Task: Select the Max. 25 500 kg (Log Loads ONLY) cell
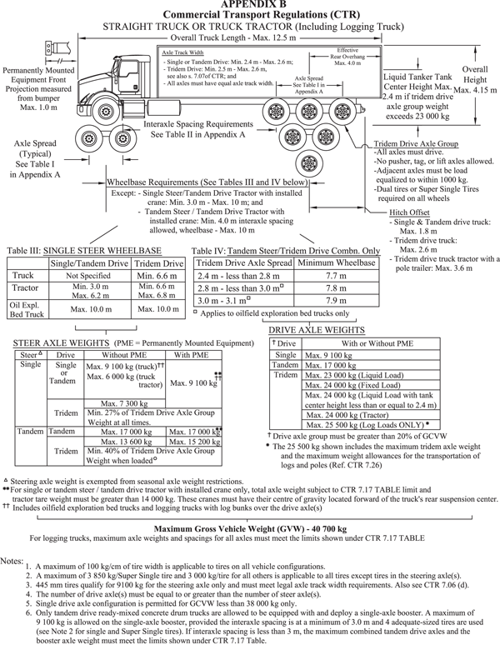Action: (x=361, y=423)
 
